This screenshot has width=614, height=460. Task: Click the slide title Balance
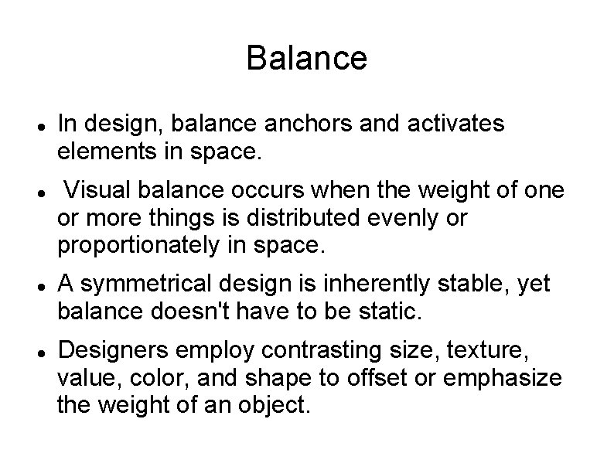(306, 59)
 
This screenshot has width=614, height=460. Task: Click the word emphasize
(503, 378)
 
